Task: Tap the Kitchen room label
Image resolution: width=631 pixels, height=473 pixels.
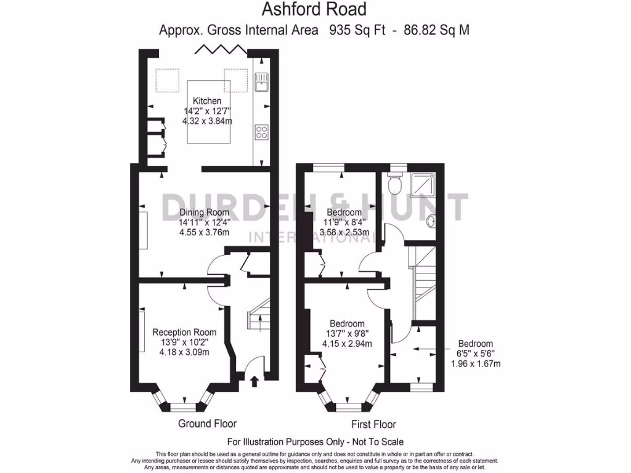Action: coord(207,101)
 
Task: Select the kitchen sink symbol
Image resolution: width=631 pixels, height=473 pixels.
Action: coord(261,81)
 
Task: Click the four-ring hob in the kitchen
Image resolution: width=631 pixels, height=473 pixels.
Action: coord(261,132)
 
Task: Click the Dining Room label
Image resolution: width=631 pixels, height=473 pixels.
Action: coord(204,211)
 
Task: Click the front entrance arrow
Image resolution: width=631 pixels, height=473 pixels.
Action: coord(254,382)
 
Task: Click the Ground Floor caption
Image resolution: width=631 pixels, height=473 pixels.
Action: coord(207,423)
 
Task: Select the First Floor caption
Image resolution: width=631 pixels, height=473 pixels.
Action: coord(373,424)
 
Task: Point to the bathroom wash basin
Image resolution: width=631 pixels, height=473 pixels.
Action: coord(431,220)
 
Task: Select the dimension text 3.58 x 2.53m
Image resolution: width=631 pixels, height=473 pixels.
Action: coord(344,233)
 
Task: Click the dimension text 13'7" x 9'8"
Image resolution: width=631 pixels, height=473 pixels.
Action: coord(346,334)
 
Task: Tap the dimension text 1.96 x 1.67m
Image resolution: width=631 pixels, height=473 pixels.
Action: coord(474,363)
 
